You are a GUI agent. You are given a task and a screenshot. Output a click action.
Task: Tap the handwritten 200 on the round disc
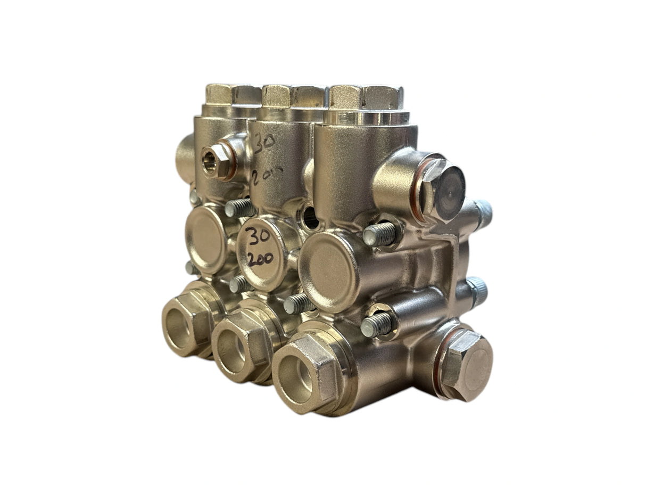(260, 259)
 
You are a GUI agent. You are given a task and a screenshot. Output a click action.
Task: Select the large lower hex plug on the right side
(465, 366)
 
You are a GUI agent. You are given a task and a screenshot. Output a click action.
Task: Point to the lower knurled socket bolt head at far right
(477, 292)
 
